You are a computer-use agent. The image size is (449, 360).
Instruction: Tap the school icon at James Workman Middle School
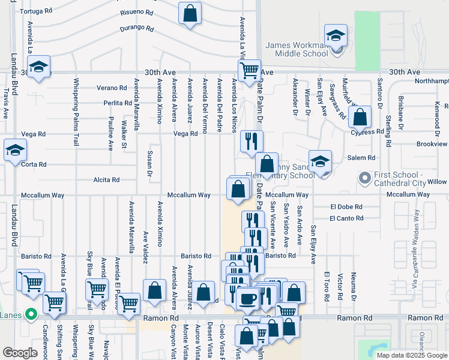coord(336,35)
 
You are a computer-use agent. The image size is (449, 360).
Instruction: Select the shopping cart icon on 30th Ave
coord(249,70)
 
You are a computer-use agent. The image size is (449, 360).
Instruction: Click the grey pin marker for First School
coord(364,178)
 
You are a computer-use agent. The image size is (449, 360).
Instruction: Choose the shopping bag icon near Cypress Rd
coord(360,118)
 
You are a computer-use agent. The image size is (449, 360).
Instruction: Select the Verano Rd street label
coord(112,88)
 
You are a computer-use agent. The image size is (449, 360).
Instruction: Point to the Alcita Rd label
coord(106,179)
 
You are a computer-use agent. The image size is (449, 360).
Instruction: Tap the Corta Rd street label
coord(34,164)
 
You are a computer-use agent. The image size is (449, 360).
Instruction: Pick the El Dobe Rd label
coord(346,206)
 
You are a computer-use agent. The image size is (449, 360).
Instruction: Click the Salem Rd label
coord(361,158)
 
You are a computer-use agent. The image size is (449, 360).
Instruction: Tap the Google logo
coord(20,353)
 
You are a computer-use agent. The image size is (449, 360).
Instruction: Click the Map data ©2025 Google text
coord(411,355)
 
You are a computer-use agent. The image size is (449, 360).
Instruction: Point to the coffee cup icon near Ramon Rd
coord(247,297)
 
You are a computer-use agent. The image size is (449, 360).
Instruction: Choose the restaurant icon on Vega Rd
coord(251,142)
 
